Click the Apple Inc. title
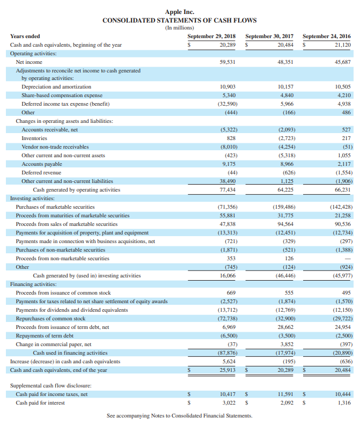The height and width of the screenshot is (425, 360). coord(180,11)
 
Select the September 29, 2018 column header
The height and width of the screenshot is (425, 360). coord(211,36)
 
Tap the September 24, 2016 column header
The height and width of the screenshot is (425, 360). coord(327,36)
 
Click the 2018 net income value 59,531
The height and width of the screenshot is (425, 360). coord(228,62)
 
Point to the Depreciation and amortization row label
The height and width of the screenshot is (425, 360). coord(56,86)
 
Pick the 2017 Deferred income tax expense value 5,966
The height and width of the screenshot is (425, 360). coord(286,104)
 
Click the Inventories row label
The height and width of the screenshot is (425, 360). coord(34,138)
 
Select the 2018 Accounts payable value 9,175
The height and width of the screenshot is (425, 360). coord(229,164)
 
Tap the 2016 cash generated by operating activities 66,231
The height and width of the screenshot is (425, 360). coord(342,189)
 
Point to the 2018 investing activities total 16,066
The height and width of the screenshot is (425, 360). coord(228,275)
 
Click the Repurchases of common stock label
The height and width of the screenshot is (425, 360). coord(51,318)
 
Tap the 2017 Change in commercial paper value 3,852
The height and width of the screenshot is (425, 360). coord(286,344)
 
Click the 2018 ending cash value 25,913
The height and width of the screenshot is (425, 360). coord(228,370)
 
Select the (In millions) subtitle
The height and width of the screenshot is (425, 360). coord(180,27)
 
